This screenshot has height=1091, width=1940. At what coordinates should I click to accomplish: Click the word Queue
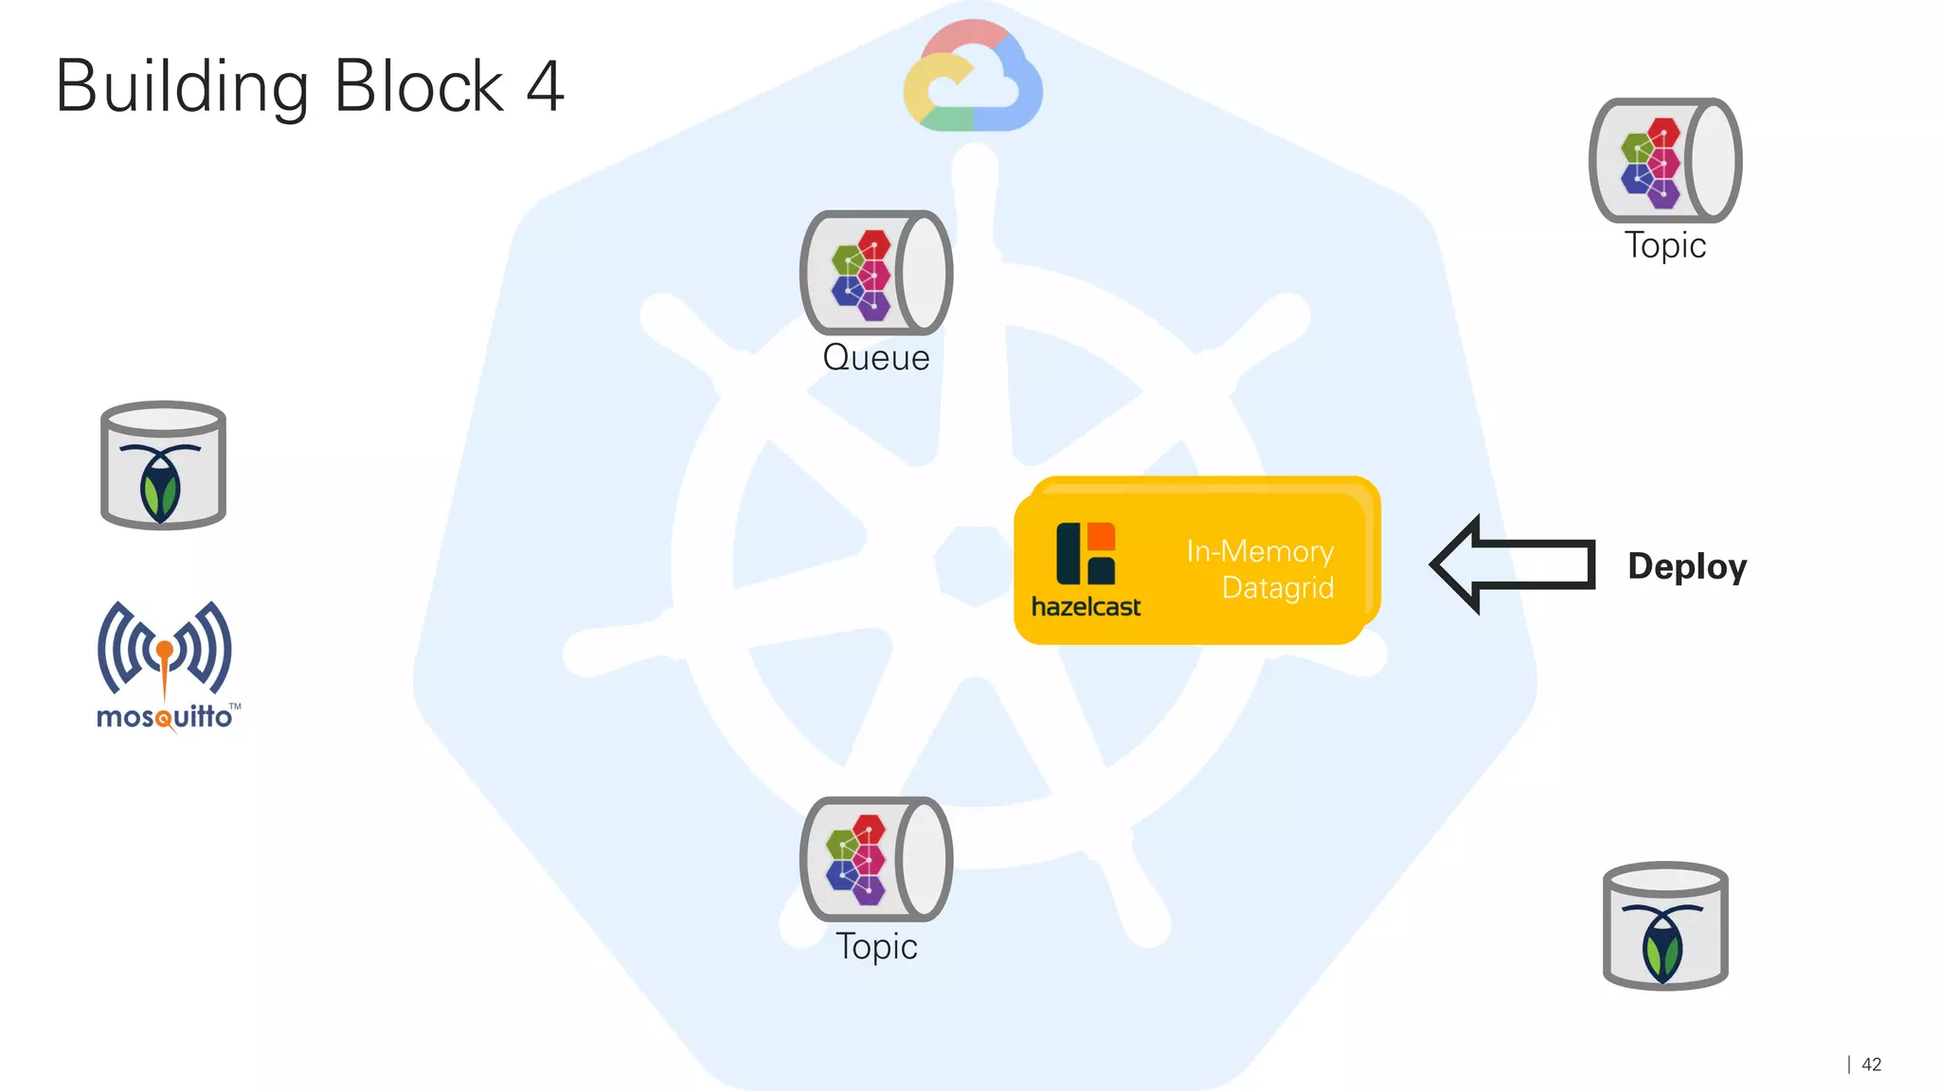876,358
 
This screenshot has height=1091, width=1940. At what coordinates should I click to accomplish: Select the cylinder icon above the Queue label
875,273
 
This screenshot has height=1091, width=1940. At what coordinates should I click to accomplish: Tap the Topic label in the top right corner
1665,245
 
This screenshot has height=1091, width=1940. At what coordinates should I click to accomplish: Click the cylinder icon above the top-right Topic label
1664,160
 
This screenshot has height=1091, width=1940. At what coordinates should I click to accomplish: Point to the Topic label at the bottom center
876,946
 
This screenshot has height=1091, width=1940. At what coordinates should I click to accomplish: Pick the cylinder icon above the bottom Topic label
875,859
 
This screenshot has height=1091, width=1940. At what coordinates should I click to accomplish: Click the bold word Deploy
1687,566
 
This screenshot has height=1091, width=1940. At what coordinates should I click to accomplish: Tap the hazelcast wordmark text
1086,606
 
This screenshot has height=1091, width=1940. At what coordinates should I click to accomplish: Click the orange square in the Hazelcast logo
1102,536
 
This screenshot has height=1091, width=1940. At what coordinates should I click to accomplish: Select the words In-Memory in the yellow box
1259,551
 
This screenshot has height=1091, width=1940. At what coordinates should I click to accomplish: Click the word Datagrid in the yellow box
1277,587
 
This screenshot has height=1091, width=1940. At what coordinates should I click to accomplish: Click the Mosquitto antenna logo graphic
164,650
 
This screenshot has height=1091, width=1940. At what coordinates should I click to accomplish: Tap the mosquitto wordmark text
165,717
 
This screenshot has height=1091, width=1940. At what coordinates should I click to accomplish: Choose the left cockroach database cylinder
163,465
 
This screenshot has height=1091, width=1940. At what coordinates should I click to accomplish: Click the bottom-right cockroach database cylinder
1665,925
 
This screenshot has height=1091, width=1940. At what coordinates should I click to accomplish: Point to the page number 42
1871,1064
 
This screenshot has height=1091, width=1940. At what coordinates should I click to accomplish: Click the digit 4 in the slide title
545,86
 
